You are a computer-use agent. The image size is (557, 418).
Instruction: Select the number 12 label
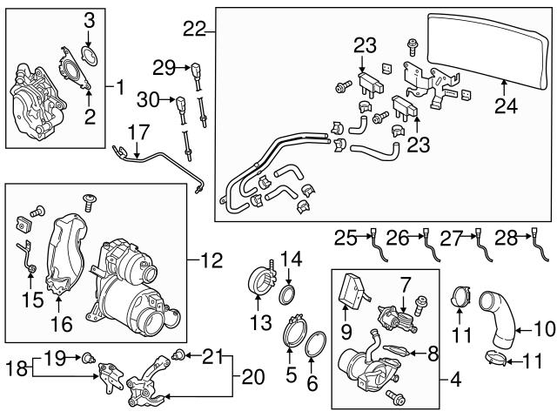tap(211, 260)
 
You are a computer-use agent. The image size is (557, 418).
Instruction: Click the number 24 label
tap(506, 107)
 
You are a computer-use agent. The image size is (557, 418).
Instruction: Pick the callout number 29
tap(164, 66)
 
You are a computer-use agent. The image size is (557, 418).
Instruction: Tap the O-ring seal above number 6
tap(318, 344)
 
